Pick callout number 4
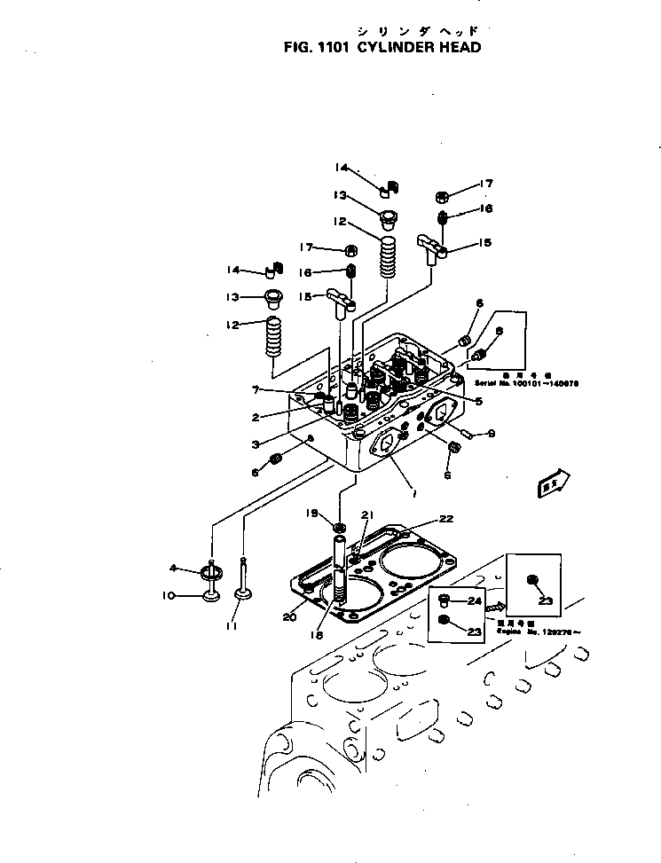pos(174,569)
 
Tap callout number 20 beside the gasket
pos(289,617)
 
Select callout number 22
pos(445,520)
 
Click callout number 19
pos(311,514)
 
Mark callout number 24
pos(475,600)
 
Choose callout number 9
pos(492,434)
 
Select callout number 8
pos(499,331)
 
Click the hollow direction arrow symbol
pos(553,482)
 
